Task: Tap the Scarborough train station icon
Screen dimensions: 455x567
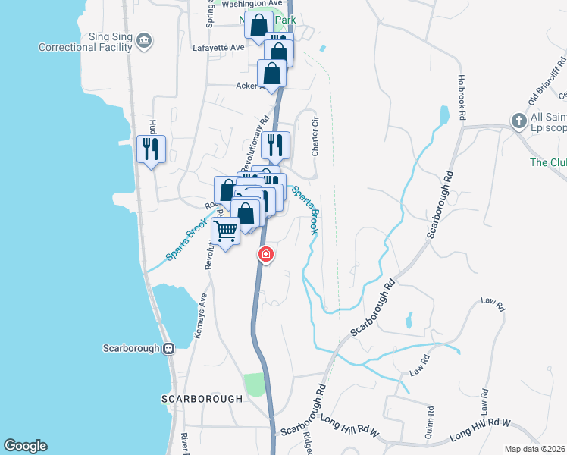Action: [169, 348]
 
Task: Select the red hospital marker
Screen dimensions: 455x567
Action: [265, 255]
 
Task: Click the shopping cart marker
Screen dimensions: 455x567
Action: [226, 231]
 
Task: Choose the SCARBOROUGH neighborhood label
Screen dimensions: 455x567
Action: [202, 398]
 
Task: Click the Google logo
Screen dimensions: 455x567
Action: [25, 446]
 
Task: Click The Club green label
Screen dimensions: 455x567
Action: [548, 162]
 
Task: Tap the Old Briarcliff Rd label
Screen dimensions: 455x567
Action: [545, 79]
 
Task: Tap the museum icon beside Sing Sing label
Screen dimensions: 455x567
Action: [147, 40]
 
